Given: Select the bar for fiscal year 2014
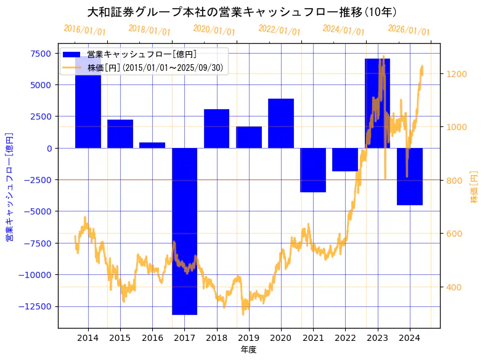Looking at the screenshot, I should (88, 105).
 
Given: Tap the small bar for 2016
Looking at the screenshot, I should (152, 145).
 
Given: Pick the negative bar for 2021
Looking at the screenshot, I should (313, 170).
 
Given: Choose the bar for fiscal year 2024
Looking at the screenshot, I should (410, 176).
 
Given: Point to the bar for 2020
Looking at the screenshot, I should (281, 123).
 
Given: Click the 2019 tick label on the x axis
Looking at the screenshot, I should (248, 338).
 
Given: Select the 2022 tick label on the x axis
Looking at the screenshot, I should (345, 338).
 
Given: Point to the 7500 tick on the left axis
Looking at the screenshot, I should (41, 53).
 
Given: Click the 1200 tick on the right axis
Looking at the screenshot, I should (459, 74).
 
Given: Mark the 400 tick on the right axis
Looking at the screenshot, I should (456, 287).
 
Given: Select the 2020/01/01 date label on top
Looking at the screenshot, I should (214, 30).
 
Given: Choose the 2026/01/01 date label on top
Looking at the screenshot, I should (409, 30).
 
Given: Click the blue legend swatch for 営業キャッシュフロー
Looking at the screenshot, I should (72, 55).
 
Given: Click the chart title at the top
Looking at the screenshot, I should (242, 12).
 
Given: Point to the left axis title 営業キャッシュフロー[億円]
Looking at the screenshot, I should (9, 186).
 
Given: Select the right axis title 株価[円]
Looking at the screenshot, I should (474, 186).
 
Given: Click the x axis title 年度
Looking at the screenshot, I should (248, 350).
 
